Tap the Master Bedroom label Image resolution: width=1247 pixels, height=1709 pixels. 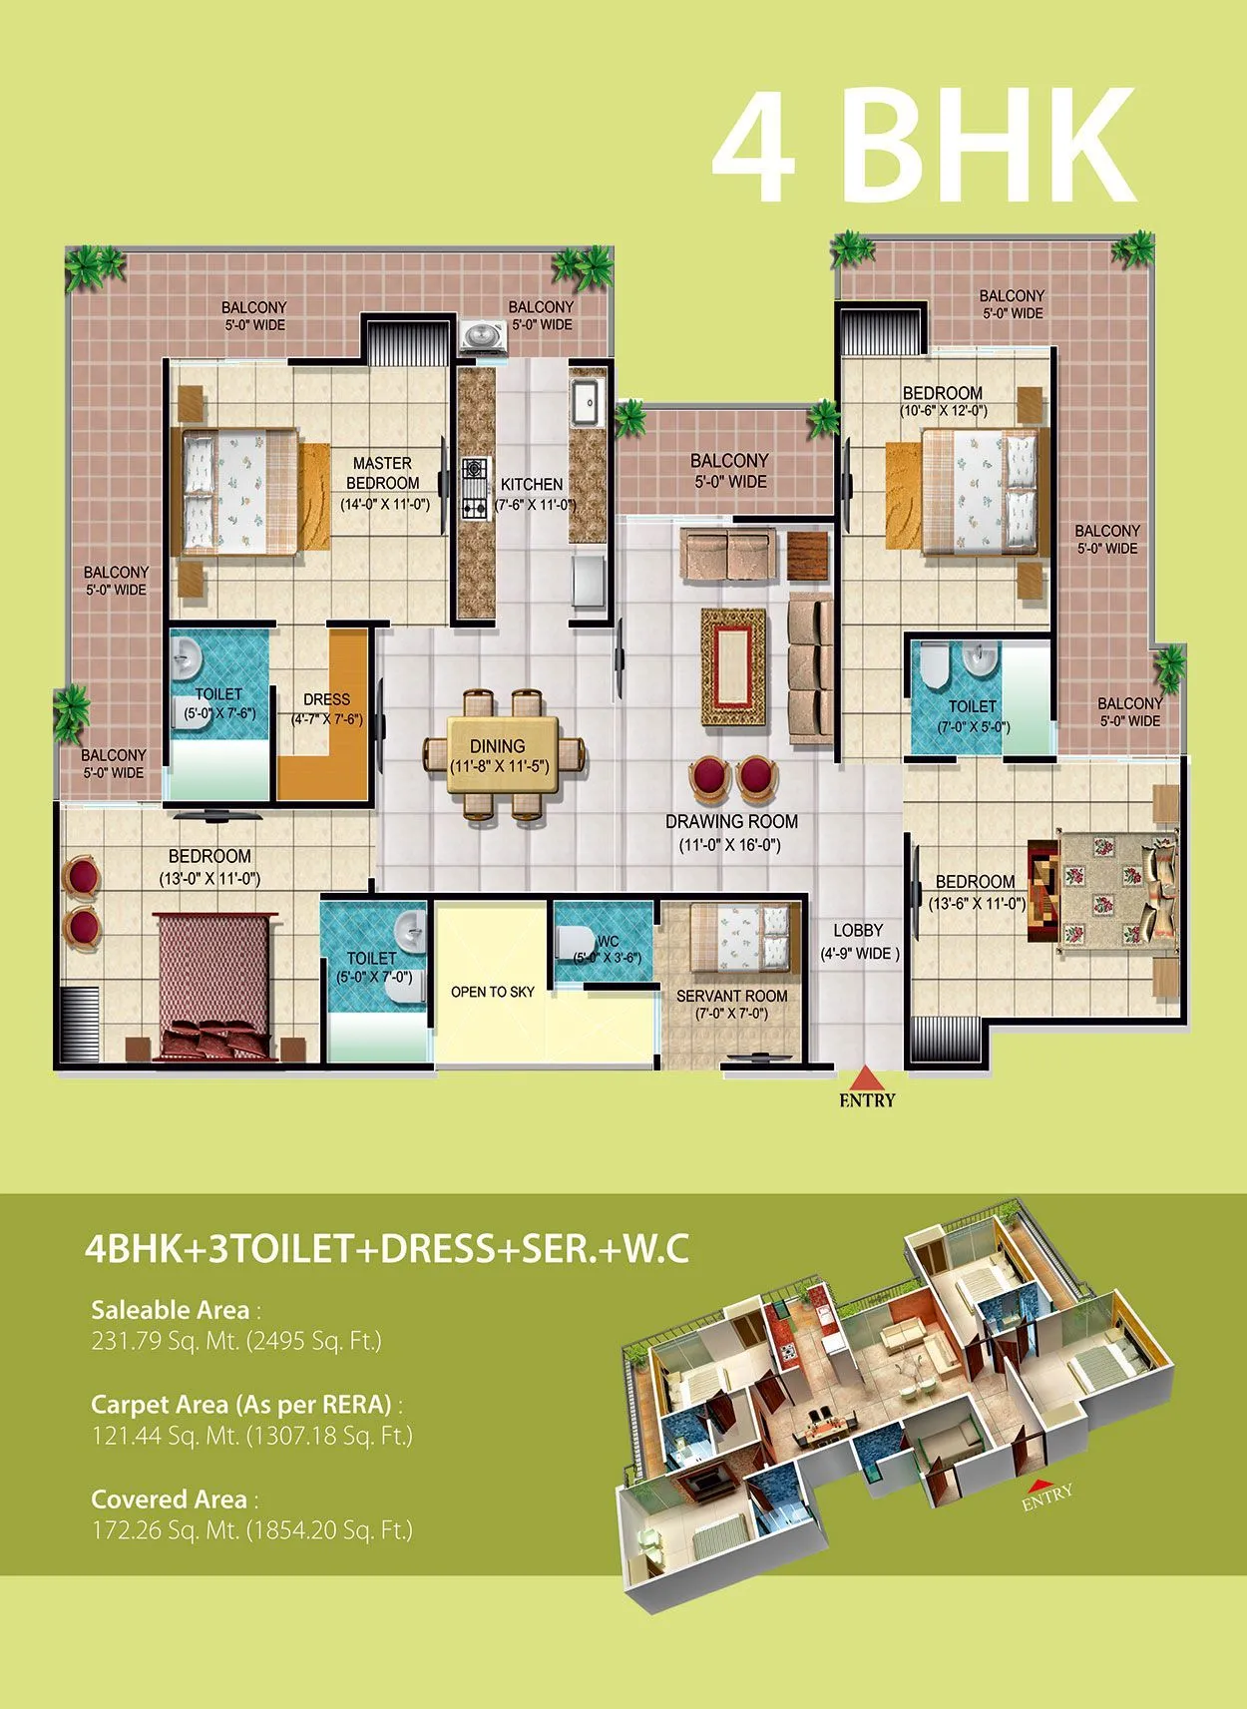pos(383,473)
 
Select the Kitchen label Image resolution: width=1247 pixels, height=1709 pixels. pos(532,484)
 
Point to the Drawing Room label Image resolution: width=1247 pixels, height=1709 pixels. pos(731,822)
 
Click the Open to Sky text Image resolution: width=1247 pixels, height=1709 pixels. pos(492,992)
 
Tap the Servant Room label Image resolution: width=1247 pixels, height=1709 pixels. pos(731,996)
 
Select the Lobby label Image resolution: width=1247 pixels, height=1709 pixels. pos(858,931)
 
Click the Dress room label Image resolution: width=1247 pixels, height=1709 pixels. pos(326,699)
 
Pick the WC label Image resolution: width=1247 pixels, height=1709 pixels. pos(608,942)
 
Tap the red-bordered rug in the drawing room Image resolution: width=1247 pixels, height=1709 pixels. pos(733,666)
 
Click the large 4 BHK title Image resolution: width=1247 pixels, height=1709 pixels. pos(923,146)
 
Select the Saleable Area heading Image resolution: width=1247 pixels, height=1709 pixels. pos(170,1310)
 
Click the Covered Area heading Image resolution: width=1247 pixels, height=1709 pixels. pos(169,1498)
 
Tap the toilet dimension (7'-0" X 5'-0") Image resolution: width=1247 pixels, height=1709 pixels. pos(973,726)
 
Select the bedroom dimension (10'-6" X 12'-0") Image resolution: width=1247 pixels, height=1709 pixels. pos(943,410)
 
